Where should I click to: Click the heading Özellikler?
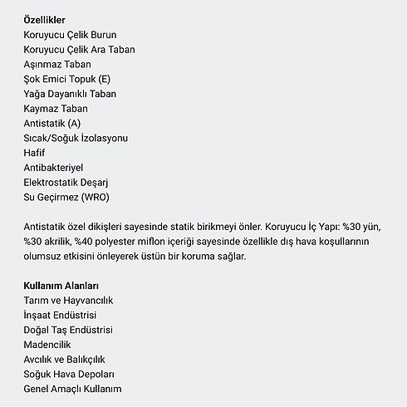coord(47,19)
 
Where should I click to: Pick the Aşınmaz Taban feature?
coord(58,64)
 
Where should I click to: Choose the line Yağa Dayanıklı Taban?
coord(71,94)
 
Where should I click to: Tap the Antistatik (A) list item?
coord(53,124)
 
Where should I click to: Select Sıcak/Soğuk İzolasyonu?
coord(76,138)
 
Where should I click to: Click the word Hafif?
coord(35,153)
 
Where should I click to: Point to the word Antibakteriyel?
coord(59,168)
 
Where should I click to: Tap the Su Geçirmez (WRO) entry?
coord(66,198)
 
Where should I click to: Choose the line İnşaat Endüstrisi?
coord(61,315)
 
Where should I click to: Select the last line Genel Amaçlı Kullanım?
coord(73,389)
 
